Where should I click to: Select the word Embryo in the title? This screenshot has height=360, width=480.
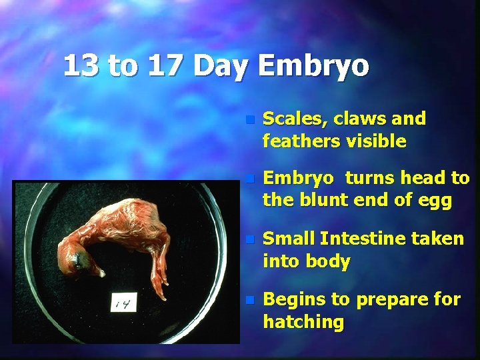pyautogui.click(x=312, y=66)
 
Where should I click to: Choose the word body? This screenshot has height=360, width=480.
pyautogui.click(x=326, y=262)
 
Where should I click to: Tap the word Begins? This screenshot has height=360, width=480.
pyautogui.click(x=293, y=300)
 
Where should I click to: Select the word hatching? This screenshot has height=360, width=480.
pyautogui.click(x=303, y=323)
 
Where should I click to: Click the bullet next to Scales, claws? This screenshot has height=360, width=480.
pyautogui.click(x=249, y=120)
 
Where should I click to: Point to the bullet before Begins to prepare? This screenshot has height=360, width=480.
pyautogui.click(x=249, y=301)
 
